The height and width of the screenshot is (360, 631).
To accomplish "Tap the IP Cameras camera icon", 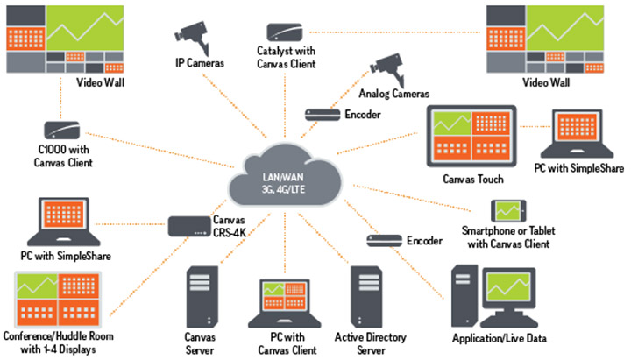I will pyautogui.click(x=192, y=34).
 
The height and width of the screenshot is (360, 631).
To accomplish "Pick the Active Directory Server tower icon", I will pyautogui.click(x=366, y=293).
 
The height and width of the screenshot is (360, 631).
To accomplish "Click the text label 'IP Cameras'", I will pyautogui.click(x=200, y=63).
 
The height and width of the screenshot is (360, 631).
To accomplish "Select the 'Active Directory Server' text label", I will pyautogui.click(x=367, y=342).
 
